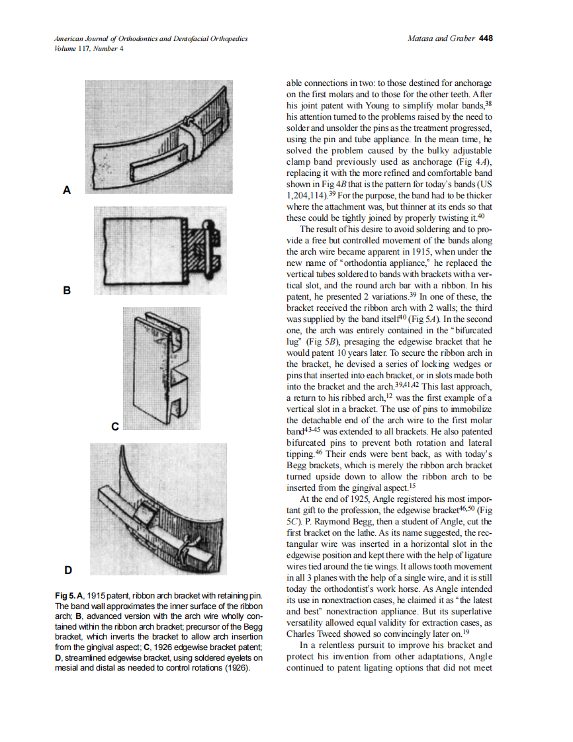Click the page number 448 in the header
coord(485,38)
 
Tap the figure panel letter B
coord(66,290)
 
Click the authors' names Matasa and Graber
coord(442,38)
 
